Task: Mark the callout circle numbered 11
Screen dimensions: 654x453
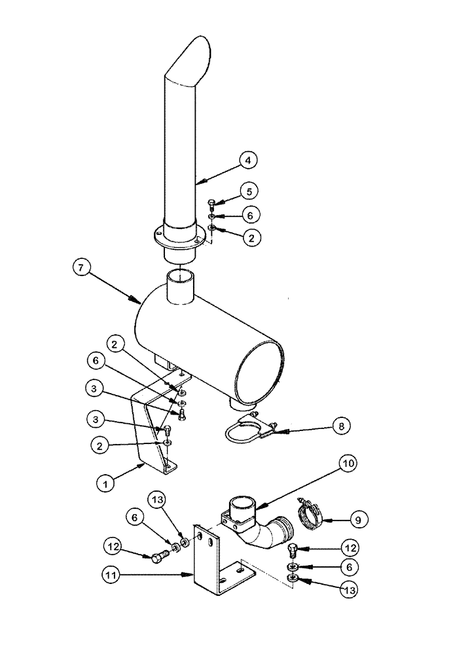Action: point(110,576)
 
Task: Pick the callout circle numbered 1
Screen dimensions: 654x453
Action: point(105,485)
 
